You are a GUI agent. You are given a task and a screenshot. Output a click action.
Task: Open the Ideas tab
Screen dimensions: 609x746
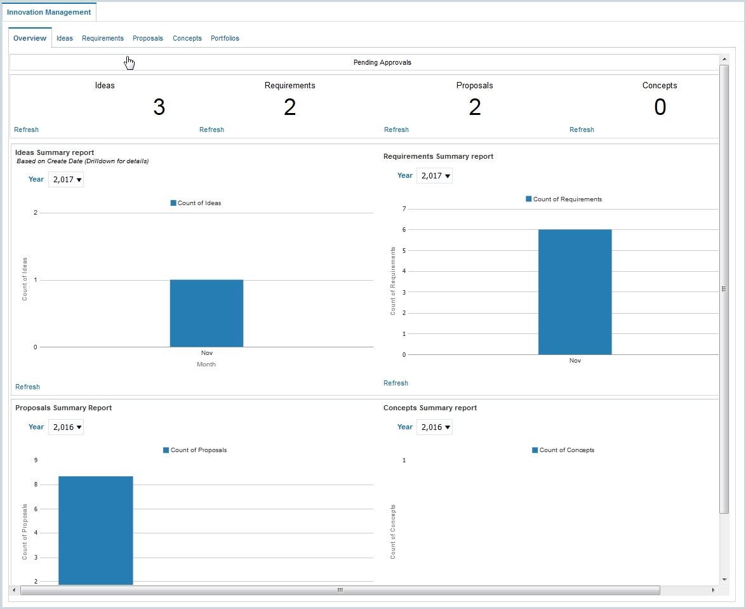coord(65,39)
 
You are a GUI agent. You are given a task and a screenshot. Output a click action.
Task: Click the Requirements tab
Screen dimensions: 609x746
coord(103,39)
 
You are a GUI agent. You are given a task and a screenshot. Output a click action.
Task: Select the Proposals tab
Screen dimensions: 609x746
coord(148,39)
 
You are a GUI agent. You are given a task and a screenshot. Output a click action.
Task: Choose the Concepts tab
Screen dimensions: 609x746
coord(187,39)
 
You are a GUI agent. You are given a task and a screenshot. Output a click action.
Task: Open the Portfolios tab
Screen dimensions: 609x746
coord(225,39)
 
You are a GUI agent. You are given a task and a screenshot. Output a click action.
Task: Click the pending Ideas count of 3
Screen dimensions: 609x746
coord(159,107)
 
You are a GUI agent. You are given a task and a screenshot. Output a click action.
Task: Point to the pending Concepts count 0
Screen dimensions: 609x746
coord(660,107)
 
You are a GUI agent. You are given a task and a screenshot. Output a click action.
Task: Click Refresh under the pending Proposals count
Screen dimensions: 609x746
coord(396,130)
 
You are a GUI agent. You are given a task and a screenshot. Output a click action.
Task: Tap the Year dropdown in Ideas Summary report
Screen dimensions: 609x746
coord(67,180)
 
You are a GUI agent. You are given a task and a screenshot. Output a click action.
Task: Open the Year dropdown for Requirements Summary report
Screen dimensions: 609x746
coord(435,176)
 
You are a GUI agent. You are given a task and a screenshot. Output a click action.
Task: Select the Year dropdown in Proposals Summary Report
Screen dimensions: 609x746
coord(67,427)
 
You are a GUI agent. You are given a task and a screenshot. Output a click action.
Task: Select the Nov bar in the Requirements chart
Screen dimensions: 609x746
coord(575,292)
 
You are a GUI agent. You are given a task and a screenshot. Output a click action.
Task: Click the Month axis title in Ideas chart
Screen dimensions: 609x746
coord(206,365)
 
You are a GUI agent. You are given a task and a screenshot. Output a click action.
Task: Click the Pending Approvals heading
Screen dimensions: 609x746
coord(382,63)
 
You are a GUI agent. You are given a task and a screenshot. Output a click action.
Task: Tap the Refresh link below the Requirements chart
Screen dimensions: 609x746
coord(396,383)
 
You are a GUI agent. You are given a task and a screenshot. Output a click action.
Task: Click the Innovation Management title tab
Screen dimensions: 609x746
coord(49,12)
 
